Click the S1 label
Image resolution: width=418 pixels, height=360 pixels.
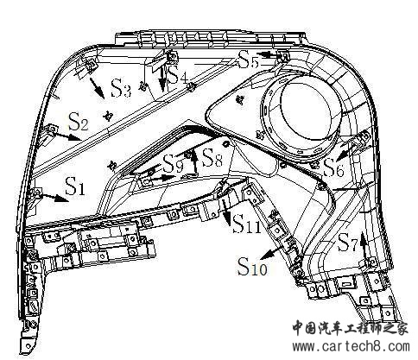(75, 186)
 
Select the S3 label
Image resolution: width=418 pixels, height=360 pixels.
(121, 87)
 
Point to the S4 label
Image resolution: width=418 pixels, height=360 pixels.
(177, 74)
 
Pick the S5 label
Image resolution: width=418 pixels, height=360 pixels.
(248, 60)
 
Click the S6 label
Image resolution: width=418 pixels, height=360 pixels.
(333, 167)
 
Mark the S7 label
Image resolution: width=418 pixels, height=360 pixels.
(347, 243)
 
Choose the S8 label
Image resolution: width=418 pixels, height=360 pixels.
(212, 157)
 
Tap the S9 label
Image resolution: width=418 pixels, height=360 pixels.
(173, 163)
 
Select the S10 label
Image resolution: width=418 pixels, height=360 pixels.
(252, 266)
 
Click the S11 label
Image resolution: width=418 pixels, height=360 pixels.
(247, 224)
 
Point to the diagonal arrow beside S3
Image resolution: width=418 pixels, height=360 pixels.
(98, 88)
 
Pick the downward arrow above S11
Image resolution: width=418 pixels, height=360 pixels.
(227, 213)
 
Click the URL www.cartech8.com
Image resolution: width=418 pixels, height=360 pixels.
(351, 346)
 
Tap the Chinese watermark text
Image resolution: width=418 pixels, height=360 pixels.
(351, 328)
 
